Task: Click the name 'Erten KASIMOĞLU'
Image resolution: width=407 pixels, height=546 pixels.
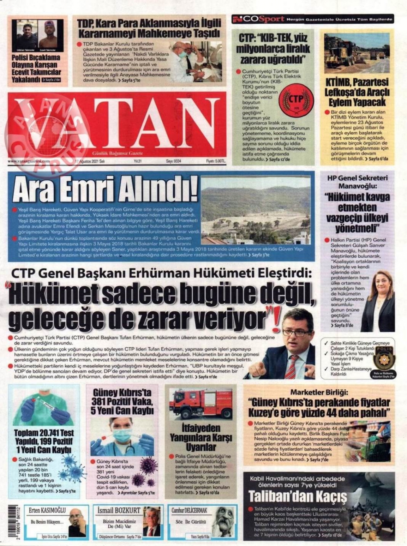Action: point(47,510)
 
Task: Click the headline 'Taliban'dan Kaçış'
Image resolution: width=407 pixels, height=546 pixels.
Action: point(298,496)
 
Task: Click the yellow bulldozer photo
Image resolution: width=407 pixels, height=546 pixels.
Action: point(357,53)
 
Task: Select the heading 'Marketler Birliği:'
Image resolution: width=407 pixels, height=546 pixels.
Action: point(319,393)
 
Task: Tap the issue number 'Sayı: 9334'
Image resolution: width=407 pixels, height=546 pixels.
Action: point(173,161)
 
